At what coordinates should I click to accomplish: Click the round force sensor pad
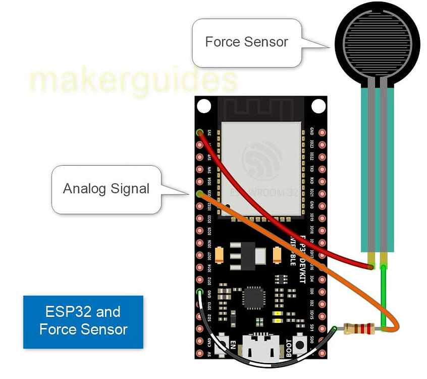[377, 43]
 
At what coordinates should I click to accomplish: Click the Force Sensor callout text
[246, 42]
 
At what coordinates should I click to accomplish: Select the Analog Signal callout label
[106, 189]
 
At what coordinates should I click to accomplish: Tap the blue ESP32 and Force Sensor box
[83, 321]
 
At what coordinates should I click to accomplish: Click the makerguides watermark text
[133, 80]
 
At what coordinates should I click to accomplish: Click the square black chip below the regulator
[253, 298]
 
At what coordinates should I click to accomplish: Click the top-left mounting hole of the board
[204, 106]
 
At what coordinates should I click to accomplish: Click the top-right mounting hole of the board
[318, 106]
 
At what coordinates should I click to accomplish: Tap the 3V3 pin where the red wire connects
[200, 133]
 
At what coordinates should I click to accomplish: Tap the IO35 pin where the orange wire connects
[200, 194]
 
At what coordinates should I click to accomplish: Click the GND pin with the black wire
[200, 293]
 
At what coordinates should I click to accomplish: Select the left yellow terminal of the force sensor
[372, 260]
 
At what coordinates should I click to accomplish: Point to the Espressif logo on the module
[262, 161]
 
